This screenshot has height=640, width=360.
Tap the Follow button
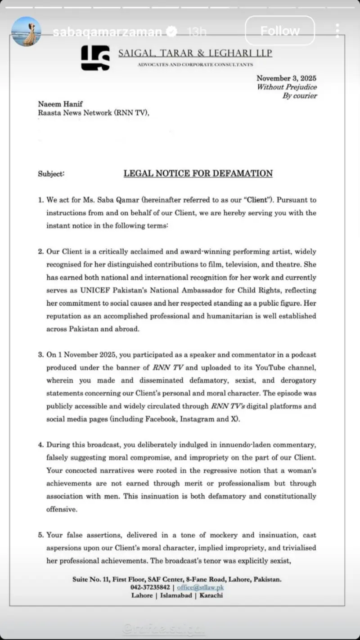[279, 31]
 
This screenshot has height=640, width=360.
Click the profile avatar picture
[26, 31]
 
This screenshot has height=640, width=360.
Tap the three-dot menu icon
[337, 31]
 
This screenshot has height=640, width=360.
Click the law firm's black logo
[95, 58]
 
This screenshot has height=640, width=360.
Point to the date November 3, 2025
[287, 78]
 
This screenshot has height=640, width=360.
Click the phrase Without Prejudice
[287, 87]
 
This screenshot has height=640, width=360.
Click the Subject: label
[51, 174]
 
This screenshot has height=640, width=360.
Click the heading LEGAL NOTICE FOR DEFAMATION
[198, 173]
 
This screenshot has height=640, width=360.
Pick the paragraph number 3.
[40, 354]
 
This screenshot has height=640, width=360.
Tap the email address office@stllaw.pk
[200, 587]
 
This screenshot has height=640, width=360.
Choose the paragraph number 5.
[40, 535]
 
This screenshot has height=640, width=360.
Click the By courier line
[300, 95]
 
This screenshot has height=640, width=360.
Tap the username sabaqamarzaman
[107, 31]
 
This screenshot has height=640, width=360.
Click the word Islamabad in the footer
[177, 595]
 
